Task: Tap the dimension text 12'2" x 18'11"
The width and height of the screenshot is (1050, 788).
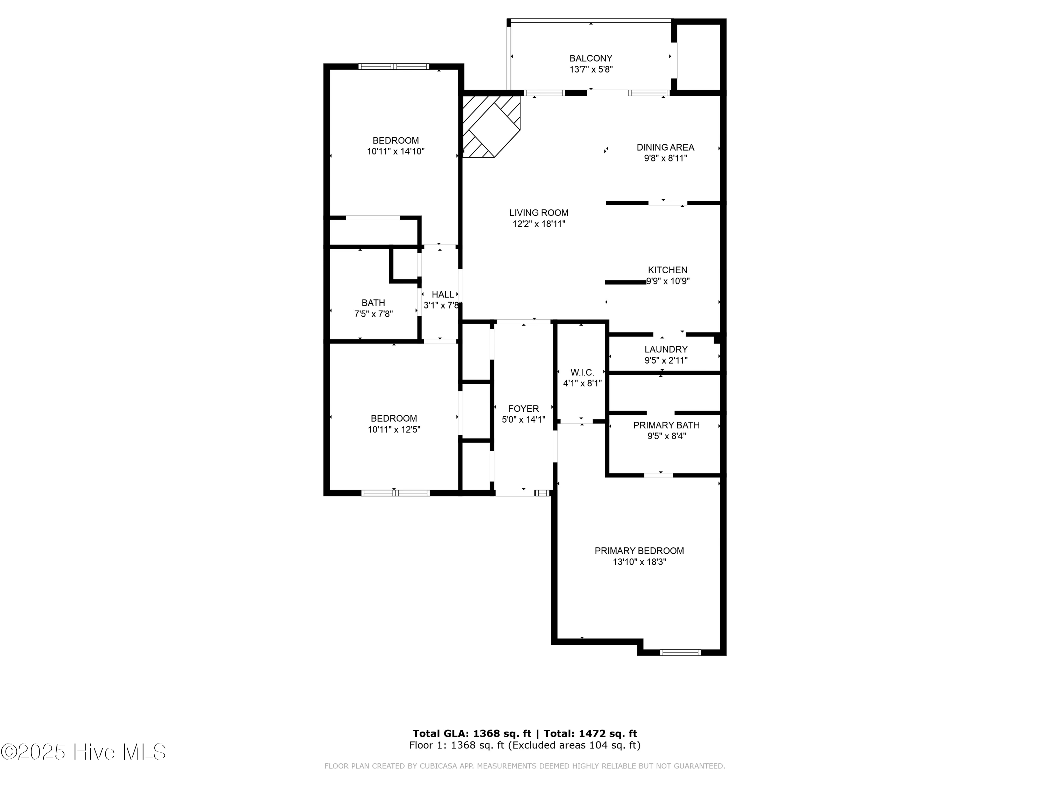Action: click(x=539, y=224)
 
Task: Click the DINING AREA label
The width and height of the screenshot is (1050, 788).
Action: click(x=665, y=147)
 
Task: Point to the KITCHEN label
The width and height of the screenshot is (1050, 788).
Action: click(x=667, y=270)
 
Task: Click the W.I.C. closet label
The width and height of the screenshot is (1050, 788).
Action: click(x=582, y=372)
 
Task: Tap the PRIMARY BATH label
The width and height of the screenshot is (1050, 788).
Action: click(x=666, y=425)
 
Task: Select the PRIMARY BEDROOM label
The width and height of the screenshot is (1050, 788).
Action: click(x=639, y=551)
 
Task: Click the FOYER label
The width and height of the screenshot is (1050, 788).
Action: click(x=523, y=408)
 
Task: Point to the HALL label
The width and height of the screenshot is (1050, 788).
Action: click(x=442, y=295)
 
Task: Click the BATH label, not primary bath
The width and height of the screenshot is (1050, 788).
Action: click(x=373, y=303)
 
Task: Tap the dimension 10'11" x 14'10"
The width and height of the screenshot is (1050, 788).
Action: click(x=395, y=152)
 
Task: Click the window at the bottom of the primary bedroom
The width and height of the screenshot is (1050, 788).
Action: click(x=680, y=652)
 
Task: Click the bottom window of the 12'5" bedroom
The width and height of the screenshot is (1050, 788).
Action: click(x=395, y=493)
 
